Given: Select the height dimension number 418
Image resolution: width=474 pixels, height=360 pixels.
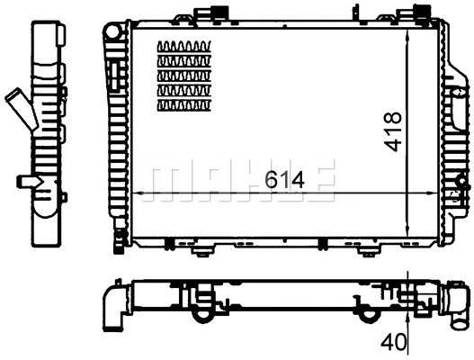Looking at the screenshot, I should click(392, 132).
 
